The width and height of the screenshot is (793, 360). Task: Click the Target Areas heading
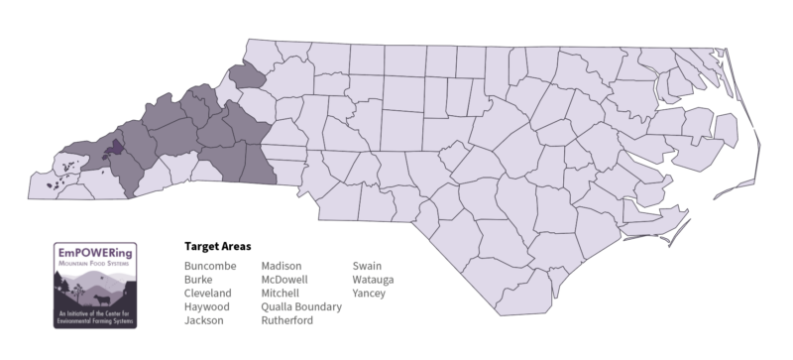[x=217, y=245]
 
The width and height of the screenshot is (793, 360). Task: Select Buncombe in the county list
[x=209, y=266]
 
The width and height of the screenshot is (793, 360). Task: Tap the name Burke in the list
[x=198, y=280]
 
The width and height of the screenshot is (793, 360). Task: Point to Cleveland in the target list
[x=208, y=294]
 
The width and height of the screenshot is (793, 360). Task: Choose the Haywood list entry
[x=207, y=307]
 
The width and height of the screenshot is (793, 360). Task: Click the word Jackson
[x=204, y=321]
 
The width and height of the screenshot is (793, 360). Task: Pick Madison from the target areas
[x=283, y=266]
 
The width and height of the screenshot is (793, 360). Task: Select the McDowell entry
[x=285, y=280]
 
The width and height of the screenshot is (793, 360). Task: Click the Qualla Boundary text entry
[x=301, y=307]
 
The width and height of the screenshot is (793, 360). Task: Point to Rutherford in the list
[x=287, y=321]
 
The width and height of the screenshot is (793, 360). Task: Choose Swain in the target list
[x=367, y=266]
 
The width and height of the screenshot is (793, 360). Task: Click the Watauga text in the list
[x=373, y=280]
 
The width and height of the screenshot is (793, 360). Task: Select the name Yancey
[x=369, y=294]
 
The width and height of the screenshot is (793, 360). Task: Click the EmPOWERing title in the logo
[x=96, y=252]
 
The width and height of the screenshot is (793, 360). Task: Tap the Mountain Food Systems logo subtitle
[x=96, y=264]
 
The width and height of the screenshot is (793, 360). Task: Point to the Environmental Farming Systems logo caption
[x=96, y=318]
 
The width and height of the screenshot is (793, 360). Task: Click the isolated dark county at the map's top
[x=248, y=76]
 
